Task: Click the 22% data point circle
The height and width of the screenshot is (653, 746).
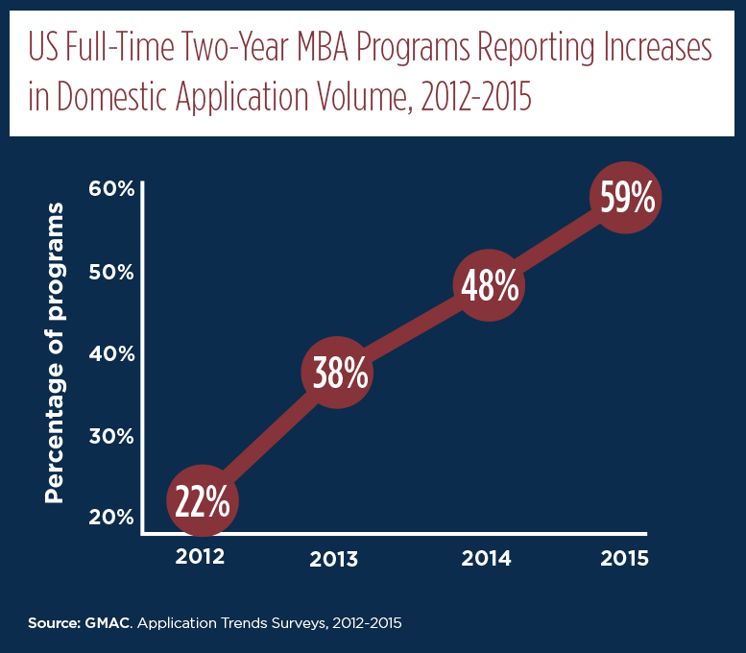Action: click(203, 500)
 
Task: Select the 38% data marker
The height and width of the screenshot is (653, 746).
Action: click(337, 373)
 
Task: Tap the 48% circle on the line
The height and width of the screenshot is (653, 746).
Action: click(489, 285)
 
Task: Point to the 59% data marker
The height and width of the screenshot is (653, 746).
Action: click(626, 198)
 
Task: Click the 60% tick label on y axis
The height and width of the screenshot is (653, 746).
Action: click(111, 189)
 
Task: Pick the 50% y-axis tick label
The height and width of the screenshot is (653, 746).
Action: click(111, 272)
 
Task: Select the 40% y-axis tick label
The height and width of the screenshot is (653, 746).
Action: click(111, 354)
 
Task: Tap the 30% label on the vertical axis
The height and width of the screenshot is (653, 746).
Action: click(111, 436)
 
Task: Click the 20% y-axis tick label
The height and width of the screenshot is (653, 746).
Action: click(111, 518)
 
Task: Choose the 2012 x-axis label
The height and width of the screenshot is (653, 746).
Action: click(200, 556)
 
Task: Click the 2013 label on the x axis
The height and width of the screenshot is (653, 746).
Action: click(333, 559)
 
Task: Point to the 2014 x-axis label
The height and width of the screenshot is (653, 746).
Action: click(486, 558)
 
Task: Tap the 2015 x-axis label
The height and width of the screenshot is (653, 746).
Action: click(624, 558)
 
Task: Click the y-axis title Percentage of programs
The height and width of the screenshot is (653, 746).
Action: click(54, 352)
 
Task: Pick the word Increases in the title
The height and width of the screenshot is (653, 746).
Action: click(658, 47)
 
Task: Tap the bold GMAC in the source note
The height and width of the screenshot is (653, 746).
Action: click(108, 623)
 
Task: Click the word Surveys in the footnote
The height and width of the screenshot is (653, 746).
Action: click(299, 623)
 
